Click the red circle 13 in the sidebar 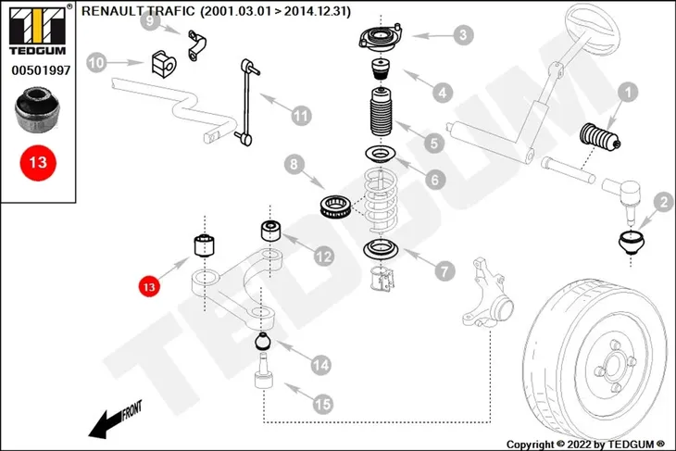pos(38,163)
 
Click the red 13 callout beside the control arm pos(149,287)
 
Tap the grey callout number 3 pos(463,35)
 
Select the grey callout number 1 pos(628,92)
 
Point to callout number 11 pos(301,116)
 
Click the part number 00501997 pos(41,70)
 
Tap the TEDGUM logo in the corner pos(38,30)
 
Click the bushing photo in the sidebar pos(37,109)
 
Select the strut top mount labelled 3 pos(381,38)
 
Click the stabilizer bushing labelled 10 pos(164,64)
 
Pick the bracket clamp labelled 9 pos(196,44)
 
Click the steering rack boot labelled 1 pos(600,137)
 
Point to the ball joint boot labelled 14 pos(263,341)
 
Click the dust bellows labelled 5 pos(381,112)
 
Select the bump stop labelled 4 pos(381,69)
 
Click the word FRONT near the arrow pos(131,410)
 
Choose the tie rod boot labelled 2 pos(632,243)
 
